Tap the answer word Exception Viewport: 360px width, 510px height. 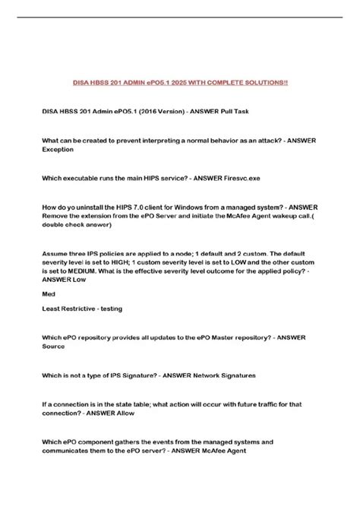[x=58, y=150]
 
